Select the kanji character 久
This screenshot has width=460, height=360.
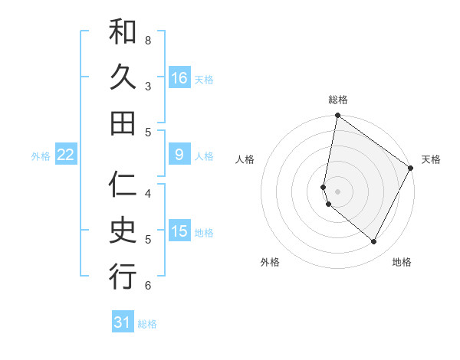point(123,77)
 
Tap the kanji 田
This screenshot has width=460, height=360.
point(123,123)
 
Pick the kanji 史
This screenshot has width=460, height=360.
point(123,231)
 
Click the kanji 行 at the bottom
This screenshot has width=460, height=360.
point(123,277)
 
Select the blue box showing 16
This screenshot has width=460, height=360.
point(179,78)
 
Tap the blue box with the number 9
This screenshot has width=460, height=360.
point(179,155)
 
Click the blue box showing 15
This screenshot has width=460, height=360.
point(179,231)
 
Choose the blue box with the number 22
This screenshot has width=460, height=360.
point(66,155)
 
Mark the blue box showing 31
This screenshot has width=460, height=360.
point(123,322)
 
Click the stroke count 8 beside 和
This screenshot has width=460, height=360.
point(148,39)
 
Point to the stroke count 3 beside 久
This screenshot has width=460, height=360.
point(148,86)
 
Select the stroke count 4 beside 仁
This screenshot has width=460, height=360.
point(148,193)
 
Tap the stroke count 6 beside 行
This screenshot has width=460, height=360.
point(148,286)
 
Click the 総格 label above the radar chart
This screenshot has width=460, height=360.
point(338,100)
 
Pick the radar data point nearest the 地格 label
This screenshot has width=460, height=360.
point(374,241)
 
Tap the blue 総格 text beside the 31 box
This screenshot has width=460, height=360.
point(147,324)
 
